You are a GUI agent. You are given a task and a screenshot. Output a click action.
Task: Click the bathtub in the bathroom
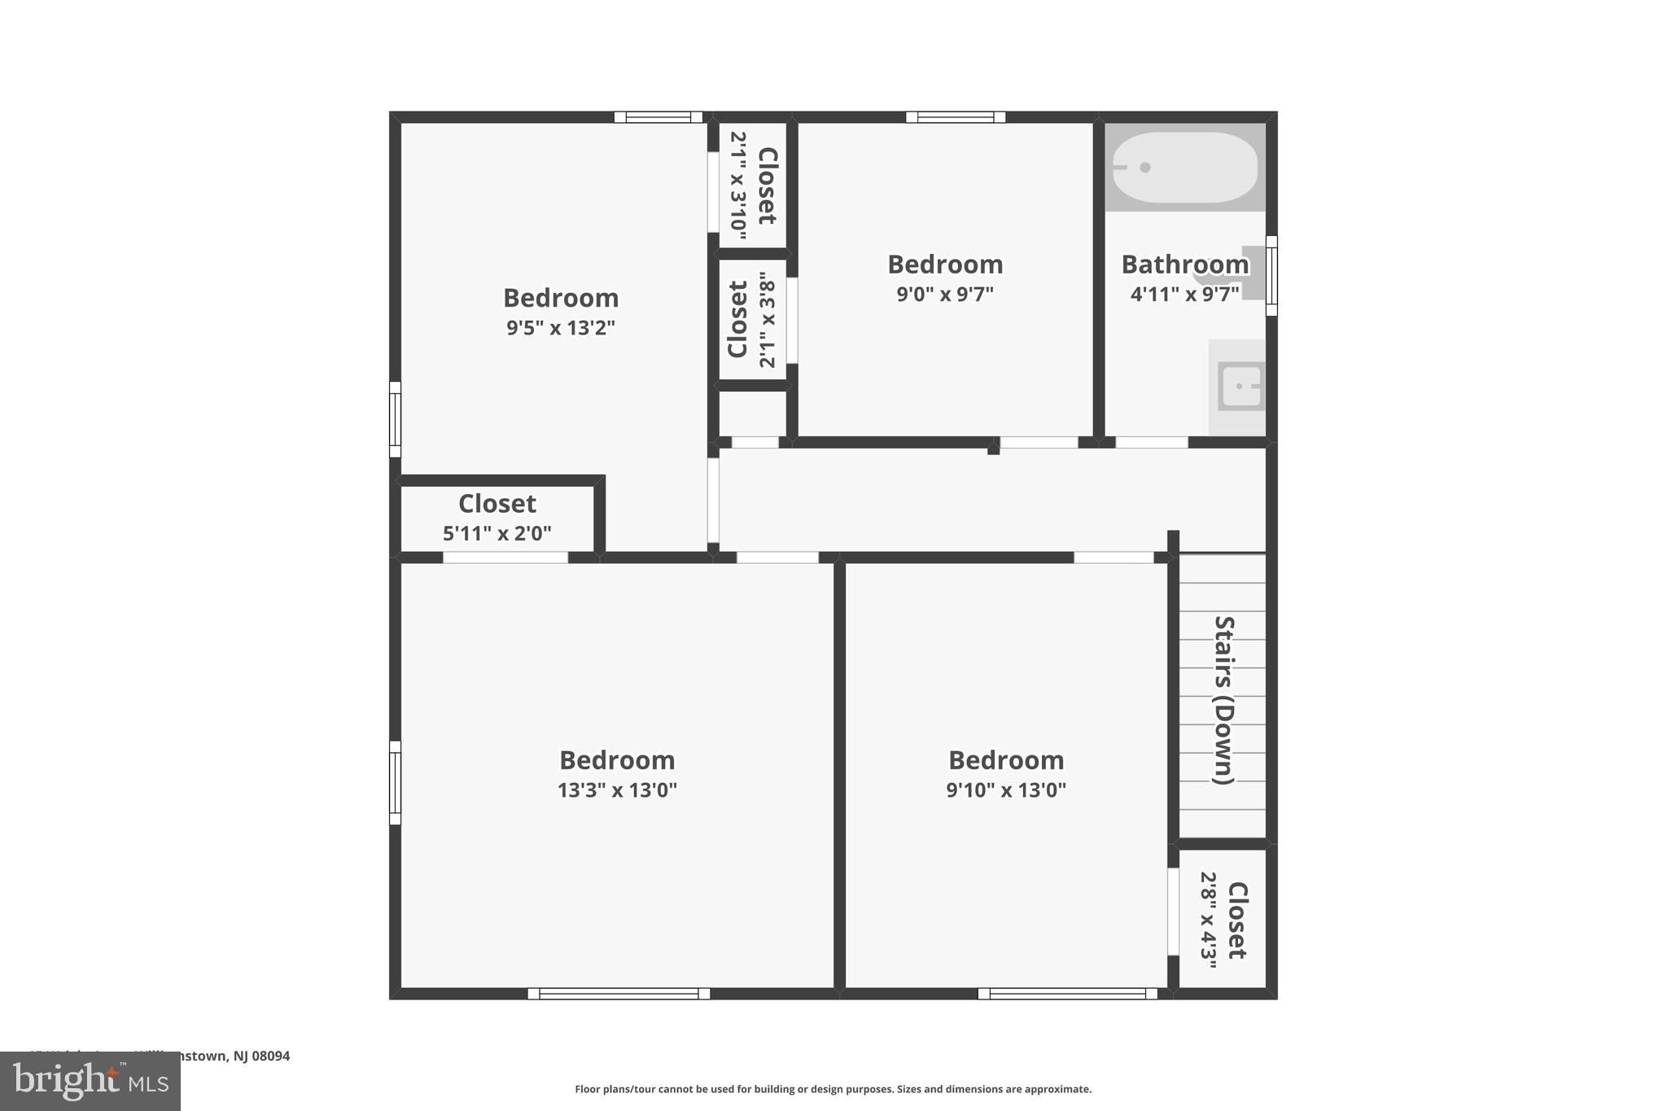click(1184, 168)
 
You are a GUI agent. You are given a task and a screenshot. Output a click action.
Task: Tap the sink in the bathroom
click(1240, 387)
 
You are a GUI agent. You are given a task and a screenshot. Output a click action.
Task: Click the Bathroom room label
click(1184, 265)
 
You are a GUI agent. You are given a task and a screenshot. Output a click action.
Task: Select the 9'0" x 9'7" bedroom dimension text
click(945, 294)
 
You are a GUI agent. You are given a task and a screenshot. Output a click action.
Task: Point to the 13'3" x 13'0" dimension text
click(617, 790)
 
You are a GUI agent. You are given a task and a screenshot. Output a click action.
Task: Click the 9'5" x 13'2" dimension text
click(561, 328)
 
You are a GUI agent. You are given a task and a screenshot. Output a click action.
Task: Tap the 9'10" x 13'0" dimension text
click(1006, 790)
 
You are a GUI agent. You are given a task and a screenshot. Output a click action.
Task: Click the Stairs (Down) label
click(1223, 700)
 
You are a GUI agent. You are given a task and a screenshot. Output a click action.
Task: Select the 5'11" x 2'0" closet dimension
click(497, 533)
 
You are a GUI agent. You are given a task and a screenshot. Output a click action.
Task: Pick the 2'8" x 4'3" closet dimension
click(1209, 921)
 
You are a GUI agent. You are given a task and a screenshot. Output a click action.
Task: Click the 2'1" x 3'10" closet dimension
click(738, 186)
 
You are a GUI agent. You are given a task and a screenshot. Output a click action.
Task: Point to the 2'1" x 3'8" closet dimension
click(768, 320)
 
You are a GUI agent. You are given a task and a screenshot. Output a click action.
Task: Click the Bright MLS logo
click(90, 1082)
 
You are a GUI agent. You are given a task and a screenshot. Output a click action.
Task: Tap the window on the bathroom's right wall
click(1271, 276)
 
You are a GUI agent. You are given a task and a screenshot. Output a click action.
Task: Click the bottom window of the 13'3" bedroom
click(619, 994)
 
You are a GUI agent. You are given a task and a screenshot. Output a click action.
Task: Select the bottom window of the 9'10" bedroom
click(1067, 994)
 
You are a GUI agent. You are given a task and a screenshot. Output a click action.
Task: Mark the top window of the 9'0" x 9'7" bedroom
click(956, 117)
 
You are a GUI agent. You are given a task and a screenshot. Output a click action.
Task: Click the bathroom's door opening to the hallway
click(1151, 443)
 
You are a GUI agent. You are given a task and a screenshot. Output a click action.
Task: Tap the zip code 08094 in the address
click(271, 1056)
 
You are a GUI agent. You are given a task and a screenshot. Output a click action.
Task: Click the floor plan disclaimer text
click(833, 1089)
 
